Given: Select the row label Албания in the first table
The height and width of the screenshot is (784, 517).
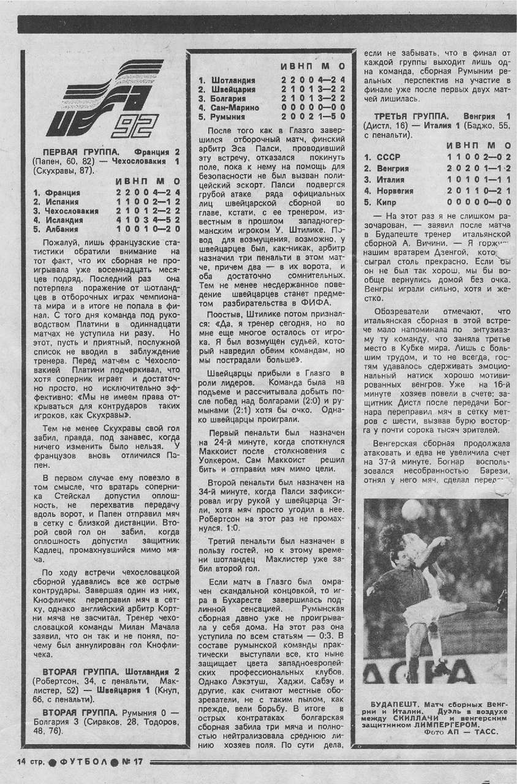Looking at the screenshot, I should (x=61, y=229).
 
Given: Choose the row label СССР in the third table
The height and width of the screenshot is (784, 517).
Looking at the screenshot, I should (x=390, y=157).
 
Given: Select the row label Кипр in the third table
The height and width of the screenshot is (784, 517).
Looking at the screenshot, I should (x=387, y=202).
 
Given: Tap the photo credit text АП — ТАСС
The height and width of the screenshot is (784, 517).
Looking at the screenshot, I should (x=477, y=731).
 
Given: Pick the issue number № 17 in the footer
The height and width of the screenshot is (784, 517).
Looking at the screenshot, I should (x=130, y=761).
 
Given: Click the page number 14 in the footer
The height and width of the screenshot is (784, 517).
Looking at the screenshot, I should (x=15, y=761).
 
